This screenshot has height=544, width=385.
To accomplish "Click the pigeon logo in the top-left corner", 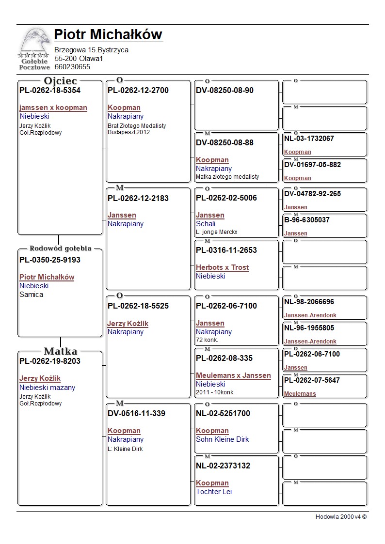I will (x=34, y=49).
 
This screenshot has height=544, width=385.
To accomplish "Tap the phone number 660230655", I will (x=72, y=67).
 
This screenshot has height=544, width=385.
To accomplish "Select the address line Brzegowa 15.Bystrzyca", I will (x=91, y=50).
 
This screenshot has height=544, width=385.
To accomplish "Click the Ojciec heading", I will (x=60, y=81).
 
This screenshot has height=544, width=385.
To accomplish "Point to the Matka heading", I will (x=61, y=351).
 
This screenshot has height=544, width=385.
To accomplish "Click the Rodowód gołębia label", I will (x=61, y=249).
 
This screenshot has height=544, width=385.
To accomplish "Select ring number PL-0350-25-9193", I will (x=50, y=260).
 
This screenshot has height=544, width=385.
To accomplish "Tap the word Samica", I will (x=31, y=295).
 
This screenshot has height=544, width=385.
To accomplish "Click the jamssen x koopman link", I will (x=53, y=108).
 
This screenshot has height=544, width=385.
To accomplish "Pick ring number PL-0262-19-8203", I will (x=50, y=361).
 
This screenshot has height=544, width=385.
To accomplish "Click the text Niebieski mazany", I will (x=47, y=388).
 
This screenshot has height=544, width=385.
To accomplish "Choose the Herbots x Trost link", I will (x=222, y=267).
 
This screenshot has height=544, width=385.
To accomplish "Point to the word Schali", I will (x=206, y=224).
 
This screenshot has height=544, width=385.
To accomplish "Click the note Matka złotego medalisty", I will (x=227, y=177).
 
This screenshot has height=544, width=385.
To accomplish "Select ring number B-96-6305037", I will (x=307, y=220).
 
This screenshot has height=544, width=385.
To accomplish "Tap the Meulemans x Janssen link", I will (x=233, y=375).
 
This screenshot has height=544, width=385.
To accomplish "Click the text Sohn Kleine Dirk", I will (x=222, y=439).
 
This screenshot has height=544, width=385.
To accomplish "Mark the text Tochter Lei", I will (x=214, y=492).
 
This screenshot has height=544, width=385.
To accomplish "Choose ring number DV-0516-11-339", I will (x=136, y=414).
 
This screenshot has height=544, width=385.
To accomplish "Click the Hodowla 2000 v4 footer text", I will (x=341, y=517).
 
